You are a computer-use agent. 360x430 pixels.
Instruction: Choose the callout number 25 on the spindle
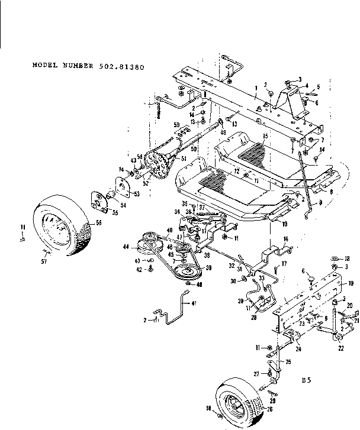[288, 361]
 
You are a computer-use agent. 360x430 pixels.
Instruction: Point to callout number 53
[138, 193]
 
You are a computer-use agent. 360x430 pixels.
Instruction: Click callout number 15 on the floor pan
[265, 137]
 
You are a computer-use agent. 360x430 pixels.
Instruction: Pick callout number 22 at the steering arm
[339, 349]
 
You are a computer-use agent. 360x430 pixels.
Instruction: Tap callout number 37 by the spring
[202, 207]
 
